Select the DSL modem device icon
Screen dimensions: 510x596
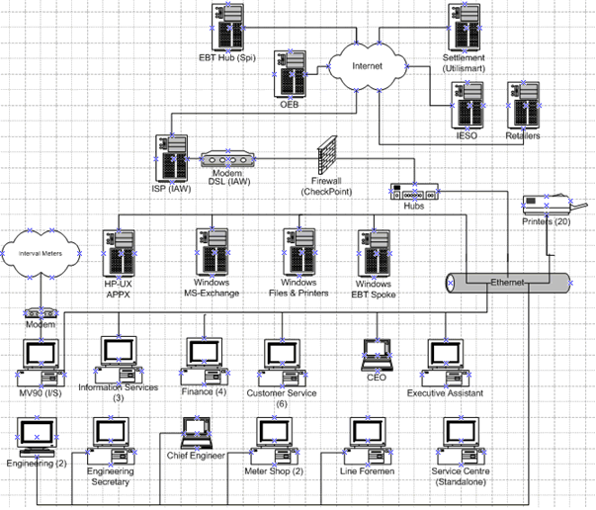click(227, 158)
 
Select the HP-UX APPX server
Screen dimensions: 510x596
click(118, 251)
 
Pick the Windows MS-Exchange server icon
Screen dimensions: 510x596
click(210, 251)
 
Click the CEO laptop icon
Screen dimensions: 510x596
click(376, 354)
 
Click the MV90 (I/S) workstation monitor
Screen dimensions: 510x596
click(42, 358)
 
